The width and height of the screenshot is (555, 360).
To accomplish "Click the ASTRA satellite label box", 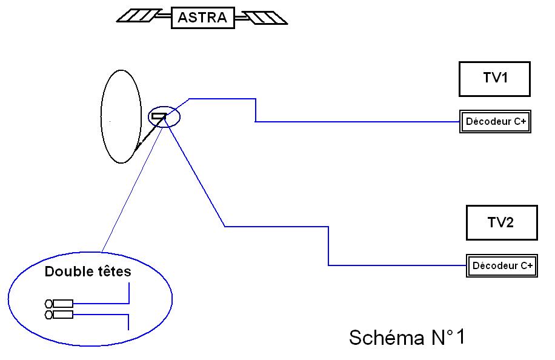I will point(202,18).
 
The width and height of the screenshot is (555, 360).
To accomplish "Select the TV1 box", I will point(494,79).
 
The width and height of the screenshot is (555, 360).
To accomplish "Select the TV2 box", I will point(502,222).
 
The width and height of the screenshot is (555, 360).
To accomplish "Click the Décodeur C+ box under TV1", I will point(496,122).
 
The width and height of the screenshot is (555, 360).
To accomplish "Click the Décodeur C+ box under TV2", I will point(502,265).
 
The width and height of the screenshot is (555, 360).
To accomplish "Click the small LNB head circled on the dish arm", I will point(159,116).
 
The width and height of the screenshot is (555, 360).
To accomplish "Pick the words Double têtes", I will point(88,272).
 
